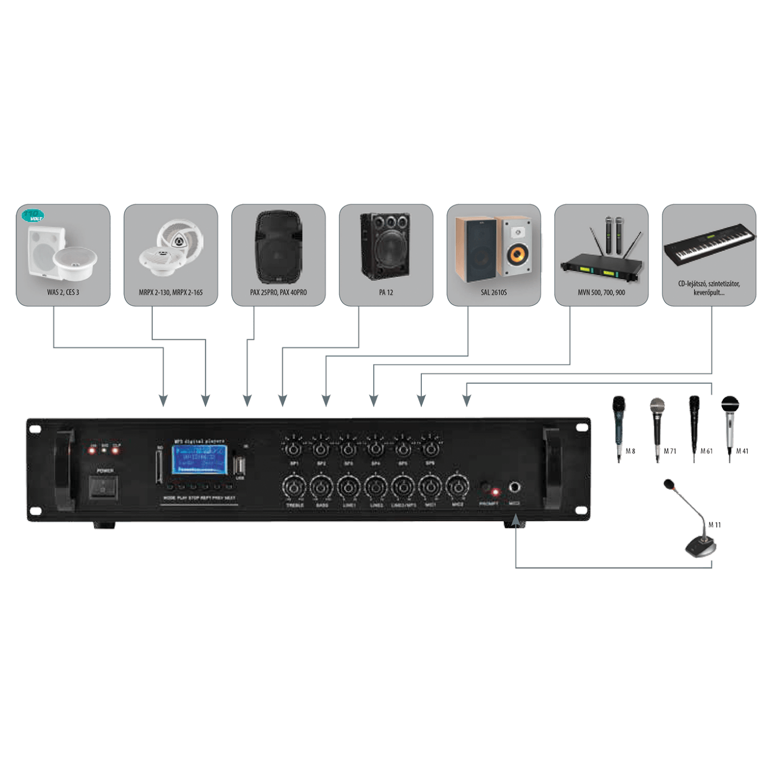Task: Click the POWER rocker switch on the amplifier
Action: (x=103, y=488)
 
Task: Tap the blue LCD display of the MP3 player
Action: (x=199, y=459)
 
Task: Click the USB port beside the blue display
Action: (x=240, y=466)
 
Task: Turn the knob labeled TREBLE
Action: (x=294, y=487)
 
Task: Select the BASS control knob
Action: (x=321, y=487)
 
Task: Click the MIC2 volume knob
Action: (x=457, y=487)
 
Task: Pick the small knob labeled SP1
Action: (x=294, y=448)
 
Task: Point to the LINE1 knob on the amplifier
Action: (x=348, y=487)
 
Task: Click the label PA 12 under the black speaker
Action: (x=386, y=293)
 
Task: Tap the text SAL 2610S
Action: (x=494, y=293)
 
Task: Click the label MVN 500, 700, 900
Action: (x=601, y=293)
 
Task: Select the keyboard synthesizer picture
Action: (x=709, y=243)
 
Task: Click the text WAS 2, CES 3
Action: (x=63, y=293)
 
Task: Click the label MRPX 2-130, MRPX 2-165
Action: (x=171, y=293)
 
